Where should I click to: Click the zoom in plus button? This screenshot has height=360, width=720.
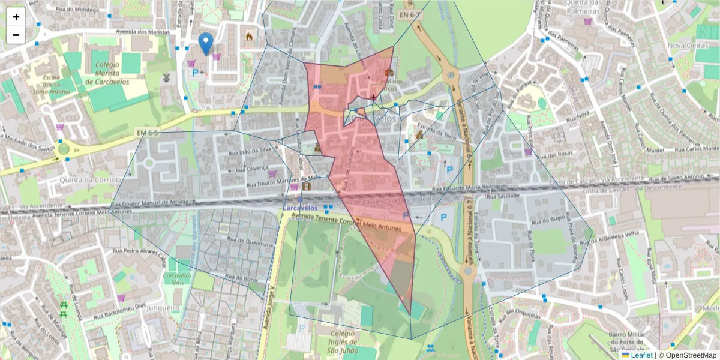pyautogui.click(x=16, y=17)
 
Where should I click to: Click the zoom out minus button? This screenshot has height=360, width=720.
pyautogui.click(x=16, y=35)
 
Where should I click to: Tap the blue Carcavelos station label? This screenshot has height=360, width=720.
pyautogui.click(x=300, y=208)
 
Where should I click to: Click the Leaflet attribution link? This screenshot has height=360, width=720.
pyautogui.click(x=641, y=355)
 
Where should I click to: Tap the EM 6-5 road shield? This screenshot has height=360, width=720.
pyautogui.click(x=146, y=131)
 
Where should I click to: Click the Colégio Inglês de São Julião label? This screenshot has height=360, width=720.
pyautogui.click(x=340, y=342)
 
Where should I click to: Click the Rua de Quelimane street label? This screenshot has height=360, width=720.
pyautogui.click(x=250, y=242)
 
